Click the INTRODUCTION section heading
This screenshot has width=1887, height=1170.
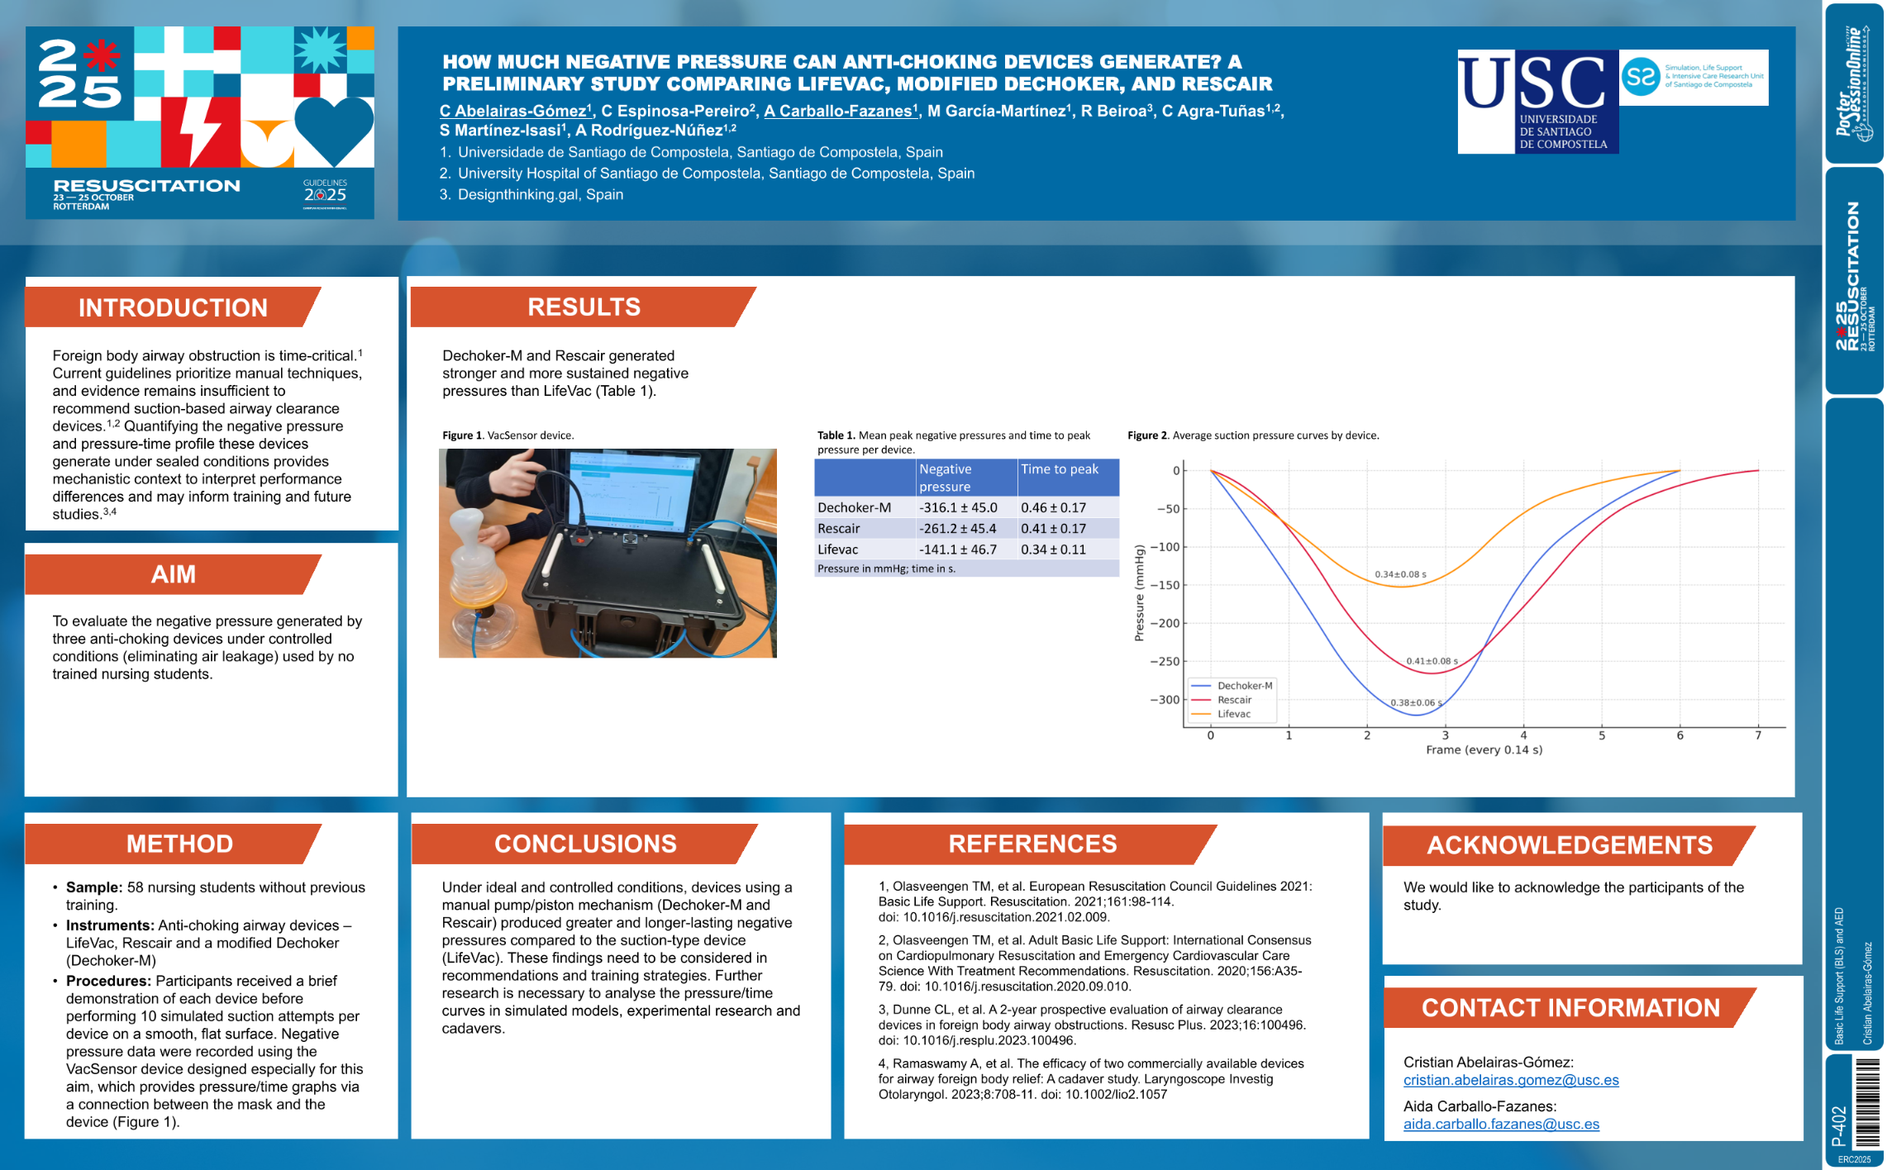click(x=173, y=307)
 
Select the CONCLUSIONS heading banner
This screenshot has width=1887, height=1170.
click(x=585, y=844)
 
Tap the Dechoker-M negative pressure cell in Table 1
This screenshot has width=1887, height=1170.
click(x=958, y=507)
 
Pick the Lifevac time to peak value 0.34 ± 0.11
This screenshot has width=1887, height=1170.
click(x=1053, y=549)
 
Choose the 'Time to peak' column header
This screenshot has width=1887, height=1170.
click(x=1059, y=469)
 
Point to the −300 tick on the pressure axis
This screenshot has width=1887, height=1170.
click(x=1165, y=700)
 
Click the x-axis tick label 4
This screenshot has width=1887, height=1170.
click(x=1523, y=735)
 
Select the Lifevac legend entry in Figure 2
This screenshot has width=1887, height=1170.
click(x=1233, y=714)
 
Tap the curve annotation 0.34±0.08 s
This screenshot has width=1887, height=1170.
click(x=1400, y=574)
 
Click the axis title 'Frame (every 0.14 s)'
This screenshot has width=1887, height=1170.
click(x=1484, y=750)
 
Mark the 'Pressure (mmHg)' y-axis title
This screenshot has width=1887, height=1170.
click(x=1139, y=592)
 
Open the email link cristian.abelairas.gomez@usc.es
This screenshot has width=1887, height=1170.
click(x=1510, y=1080)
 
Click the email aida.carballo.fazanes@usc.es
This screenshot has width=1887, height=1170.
click(x=1501, y=1124)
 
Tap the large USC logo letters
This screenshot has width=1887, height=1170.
click(x=1533, y=83)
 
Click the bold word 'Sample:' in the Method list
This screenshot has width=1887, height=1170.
click(x=94, y=887)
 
